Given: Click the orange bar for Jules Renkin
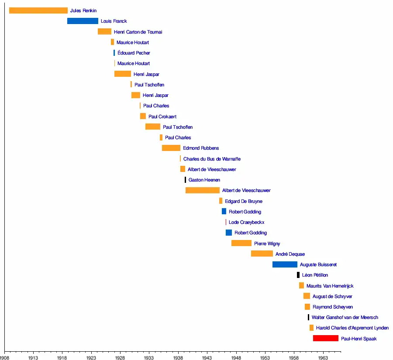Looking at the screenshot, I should coord(38,10).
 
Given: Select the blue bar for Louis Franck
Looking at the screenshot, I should coord(83,21).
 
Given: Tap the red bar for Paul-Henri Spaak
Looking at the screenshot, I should coord(326,338).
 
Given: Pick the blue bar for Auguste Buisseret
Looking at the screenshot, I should coord(285,264).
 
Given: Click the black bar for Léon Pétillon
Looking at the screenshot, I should coord(298,275).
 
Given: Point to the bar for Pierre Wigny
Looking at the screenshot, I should coord(241,243).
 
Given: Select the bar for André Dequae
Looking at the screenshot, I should coord(262,254).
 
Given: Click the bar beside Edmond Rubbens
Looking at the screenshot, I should coord(171,148).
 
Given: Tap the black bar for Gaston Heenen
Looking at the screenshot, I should coord(185,180).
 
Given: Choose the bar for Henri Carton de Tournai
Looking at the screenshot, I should coord(104,31).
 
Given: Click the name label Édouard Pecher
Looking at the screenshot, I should coord(134,53).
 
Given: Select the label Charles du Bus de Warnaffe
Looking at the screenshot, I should coord(212,159).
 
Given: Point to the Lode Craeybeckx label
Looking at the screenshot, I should coord(246,222).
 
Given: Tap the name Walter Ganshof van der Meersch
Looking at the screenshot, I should coord(345,317).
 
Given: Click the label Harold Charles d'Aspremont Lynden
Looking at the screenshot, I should coord(352,328).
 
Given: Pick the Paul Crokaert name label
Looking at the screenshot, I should coord(162,117).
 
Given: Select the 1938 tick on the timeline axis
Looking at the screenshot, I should coord(178,357).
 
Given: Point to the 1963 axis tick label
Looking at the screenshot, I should coord(323,357).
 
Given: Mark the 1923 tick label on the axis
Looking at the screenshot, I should coord(91,357).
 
